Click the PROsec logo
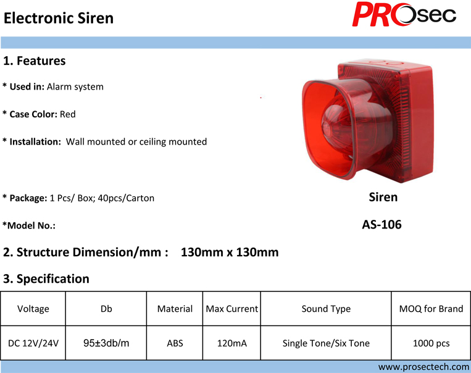click(404, 14)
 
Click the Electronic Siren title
click(59, 18)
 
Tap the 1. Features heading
click(34, 61)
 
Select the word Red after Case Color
click(67, 114)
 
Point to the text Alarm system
click(75, 87)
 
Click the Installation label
click(35, 141)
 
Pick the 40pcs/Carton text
click(126, 198)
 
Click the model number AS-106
click(381, 225)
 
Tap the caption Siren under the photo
click(383, 197)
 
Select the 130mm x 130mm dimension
click(230, 252)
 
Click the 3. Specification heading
click(46, 279)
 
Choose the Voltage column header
click(33, 309)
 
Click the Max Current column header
click(232, 309)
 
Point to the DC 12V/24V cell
click(33, 343)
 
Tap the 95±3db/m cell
click(106, 343)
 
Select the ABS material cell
click(175, 343)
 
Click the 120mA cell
click(232, 343)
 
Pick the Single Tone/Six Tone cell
click(326, 343)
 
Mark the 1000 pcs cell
click(431, 343)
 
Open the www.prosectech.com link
click(424, 367)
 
